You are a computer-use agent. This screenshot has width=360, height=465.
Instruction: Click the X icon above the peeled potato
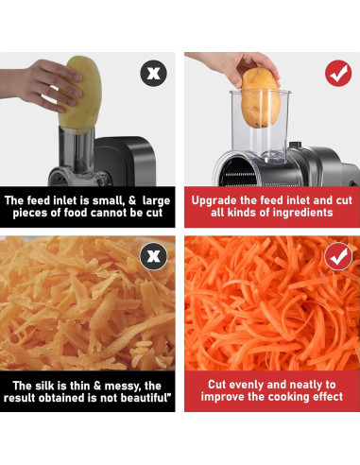click(153, 74)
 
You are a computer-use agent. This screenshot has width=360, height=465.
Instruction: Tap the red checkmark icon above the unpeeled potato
click(338, 73)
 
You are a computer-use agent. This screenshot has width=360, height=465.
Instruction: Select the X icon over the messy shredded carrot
click(153, 255)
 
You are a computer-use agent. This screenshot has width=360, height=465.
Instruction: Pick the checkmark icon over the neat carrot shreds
click(338, 256)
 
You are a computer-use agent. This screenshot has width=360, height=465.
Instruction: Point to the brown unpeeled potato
click(261, 98)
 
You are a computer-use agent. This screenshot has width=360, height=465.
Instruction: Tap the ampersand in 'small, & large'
click(132, 200)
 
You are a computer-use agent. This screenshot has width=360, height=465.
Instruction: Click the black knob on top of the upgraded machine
click(295, 145)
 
